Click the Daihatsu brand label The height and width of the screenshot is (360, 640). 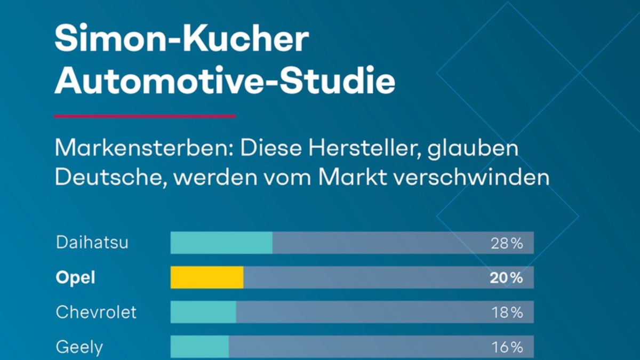click(x=92, y=243)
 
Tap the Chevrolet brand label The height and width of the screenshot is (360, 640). click(x=96, y=312)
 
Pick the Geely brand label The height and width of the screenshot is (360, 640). click(x=79, y=347)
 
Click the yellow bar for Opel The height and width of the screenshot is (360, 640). click(x=207, y=277)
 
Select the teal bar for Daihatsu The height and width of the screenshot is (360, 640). click(x=221, y=243)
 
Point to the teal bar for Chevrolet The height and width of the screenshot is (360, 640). click(x=203, y=312)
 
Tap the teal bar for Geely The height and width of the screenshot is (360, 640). click(x=199, y=347)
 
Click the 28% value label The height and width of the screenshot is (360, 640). click(x=507, y=244)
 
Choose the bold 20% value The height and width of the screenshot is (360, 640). click(x=507, y=278)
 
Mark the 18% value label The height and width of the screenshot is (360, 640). click(x=507, y=313)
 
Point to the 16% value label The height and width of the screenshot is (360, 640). click(x=507, y=347)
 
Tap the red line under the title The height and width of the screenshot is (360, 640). click(x=145, y=116)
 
